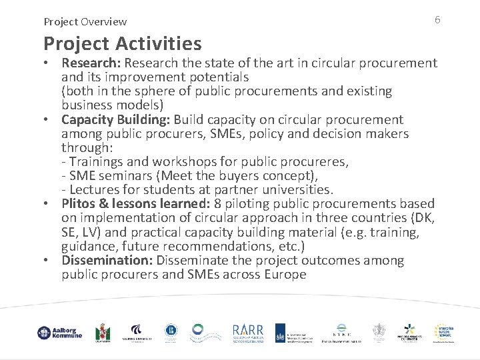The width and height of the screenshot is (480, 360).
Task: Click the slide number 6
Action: click(x=437, y=20)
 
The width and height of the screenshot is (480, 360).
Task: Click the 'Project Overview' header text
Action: click(x=85, y=22)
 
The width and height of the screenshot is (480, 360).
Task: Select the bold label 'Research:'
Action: click(x=91, y=63)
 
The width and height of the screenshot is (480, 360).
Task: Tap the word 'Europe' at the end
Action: click(x=285, y=274)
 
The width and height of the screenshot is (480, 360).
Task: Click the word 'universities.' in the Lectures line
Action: click(x=294, y=189)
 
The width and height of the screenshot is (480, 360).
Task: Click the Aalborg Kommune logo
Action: click(x=60, y=333)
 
